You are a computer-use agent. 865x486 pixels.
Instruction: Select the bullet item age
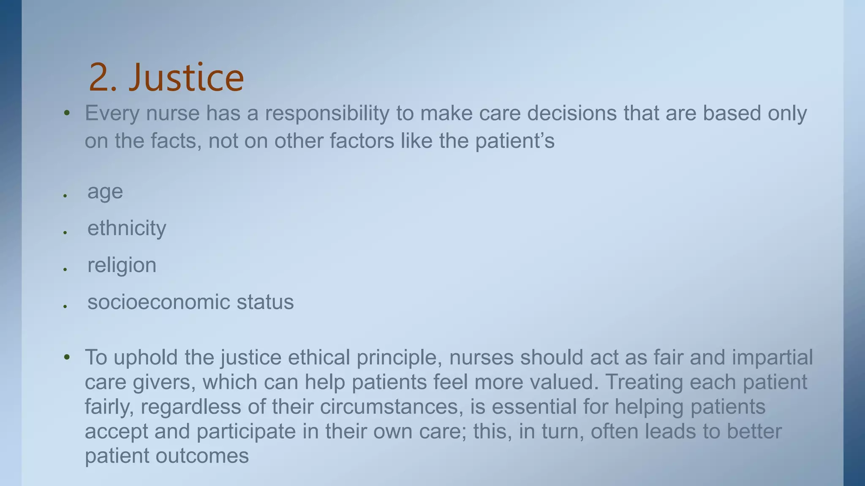coord(105,192)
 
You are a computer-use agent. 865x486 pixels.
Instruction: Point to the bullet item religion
coord(122,265)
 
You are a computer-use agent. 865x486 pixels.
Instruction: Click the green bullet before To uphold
coord(67,357)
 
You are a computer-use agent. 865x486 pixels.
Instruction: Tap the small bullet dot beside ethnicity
coord(65,232)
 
